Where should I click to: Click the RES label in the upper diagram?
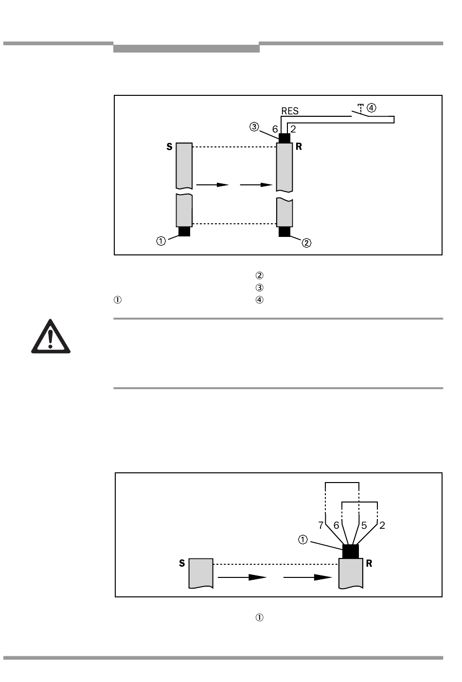tap(290, 111)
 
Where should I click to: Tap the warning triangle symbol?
tap(51, 337)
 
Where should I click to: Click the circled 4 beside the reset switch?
tap(372, 107)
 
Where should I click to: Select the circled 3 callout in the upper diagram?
tap(254, 127)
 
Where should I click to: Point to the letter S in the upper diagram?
tap(169, 146)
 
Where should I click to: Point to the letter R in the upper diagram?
tap(299, 146)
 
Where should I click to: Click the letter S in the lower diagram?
tap(182, 563)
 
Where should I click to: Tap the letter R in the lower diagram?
tap(369, 563)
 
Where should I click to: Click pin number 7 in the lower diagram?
tap(321, 525)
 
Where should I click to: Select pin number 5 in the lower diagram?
tap(364, 525)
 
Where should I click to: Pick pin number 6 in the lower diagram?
tap(336, 525)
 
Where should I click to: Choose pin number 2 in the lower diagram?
tap(382, 525)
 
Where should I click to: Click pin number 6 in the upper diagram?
tap(275, 129)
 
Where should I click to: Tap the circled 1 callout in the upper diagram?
tap(161, 241)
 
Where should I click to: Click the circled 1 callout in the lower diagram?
tap(303, 539)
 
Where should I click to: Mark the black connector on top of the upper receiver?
tap(284, 138)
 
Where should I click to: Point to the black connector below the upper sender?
tap(184, 232)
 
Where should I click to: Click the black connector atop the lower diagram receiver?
tap(351, 551)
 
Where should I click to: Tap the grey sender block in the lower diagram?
tap(201, 573)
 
